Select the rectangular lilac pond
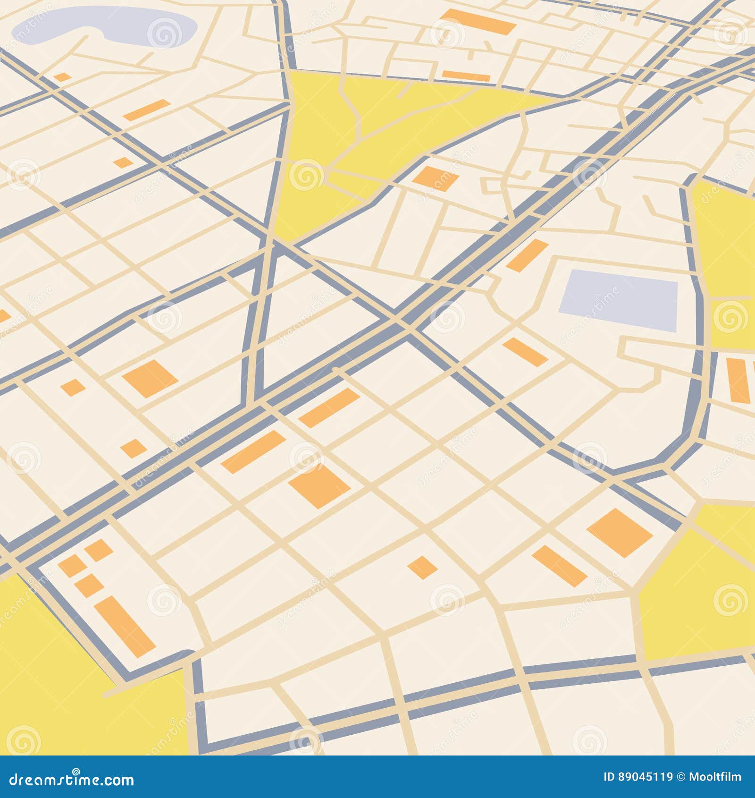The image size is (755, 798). point(618,299)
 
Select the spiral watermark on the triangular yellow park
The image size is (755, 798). point(306,175)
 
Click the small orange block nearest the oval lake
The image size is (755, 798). point(62,76)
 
